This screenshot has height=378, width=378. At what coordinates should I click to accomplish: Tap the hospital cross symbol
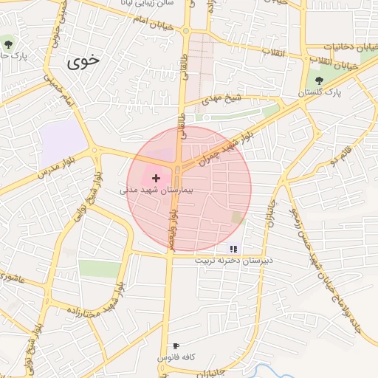point(156,178)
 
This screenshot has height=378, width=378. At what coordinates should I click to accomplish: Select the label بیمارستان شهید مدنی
point(157,190)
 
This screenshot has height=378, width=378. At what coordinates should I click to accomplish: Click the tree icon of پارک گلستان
point(319,80)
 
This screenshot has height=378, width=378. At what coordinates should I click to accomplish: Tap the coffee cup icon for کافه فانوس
point(176,346)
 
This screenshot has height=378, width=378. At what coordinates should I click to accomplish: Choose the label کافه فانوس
point(176,357)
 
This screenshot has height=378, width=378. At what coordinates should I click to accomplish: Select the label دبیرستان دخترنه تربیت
point(234,261)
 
